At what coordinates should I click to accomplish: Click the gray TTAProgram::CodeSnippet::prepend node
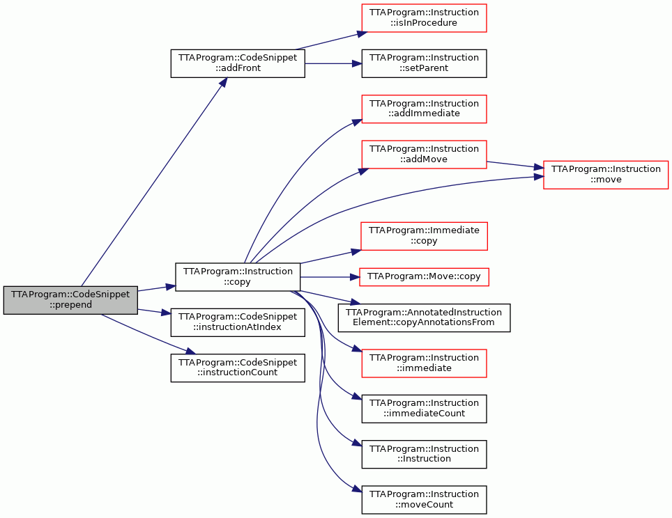(70, 300)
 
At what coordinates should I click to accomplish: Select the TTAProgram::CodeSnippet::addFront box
(238, 63)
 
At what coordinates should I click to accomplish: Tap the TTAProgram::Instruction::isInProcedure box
(424, 18)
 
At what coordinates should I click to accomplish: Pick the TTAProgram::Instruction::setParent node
(424, 63)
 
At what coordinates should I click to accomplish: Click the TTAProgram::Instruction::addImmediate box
(424, 109)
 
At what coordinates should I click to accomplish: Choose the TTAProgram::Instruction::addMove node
(424, 154)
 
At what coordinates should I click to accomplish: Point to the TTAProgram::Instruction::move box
(606, 175)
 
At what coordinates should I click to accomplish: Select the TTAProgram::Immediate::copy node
(424, 236)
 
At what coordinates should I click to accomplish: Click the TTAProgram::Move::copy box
(424, 277)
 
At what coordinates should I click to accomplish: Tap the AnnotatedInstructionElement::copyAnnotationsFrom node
(424, 317)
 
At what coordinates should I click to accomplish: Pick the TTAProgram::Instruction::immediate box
(424, 363)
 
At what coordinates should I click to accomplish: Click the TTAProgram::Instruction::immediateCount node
(424, 409)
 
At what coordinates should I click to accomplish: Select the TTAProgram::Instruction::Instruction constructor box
(424, 454)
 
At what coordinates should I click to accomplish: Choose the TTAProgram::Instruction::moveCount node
(424, 500)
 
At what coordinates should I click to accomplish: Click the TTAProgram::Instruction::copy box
(238, 277)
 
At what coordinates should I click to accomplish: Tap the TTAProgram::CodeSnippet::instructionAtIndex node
(238, 322)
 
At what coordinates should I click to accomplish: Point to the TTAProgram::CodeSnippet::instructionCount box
(238, 368)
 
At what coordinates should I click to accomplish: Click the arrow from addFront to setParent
(333, 63)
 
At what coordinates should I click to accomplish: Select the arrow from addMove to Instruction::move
(514, 165)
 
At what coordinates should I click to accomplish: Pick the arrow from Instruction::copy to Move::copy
(330, 277)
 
